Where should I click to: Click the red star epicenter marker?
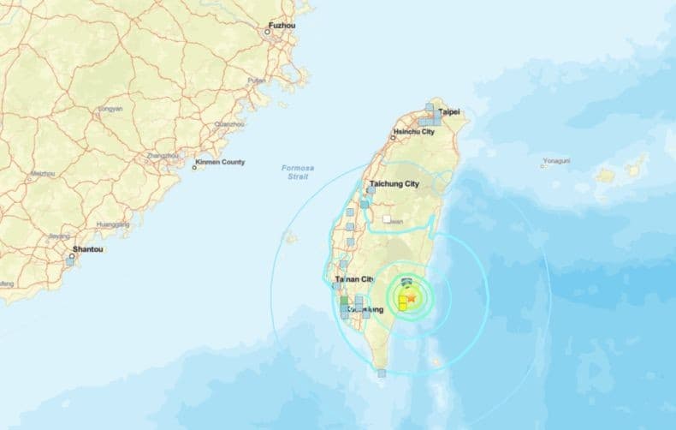point(411,298)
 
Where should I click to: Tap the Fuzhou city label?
point(282,26)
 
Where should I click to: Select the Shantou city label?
point(88,249)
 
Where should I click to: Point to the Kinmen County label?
point(222,162)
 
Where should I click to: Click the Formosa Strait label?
point(295,171)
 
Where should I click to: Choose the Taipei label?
point(450,112)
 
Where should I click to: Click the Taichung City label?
point(394,184)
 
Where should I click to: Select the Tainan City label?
point(354,279)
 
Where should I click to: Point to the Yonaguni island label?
point(556,160)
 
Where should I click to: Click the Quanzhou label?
point(228,124)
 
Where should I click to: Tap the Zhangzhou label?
point(163,156)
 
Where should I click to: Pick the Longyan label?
point(110,109)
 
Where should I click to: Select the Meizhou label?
point(43,173)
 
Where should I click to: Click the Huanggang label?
point(113,224)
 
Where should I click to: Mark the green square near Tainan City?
point(344,302)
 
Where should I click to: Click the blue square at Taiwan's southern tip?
point(382,373)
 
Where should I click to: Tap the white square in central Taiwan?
point(387,219)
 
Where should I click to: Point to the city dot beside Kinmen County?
point(193,167)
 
